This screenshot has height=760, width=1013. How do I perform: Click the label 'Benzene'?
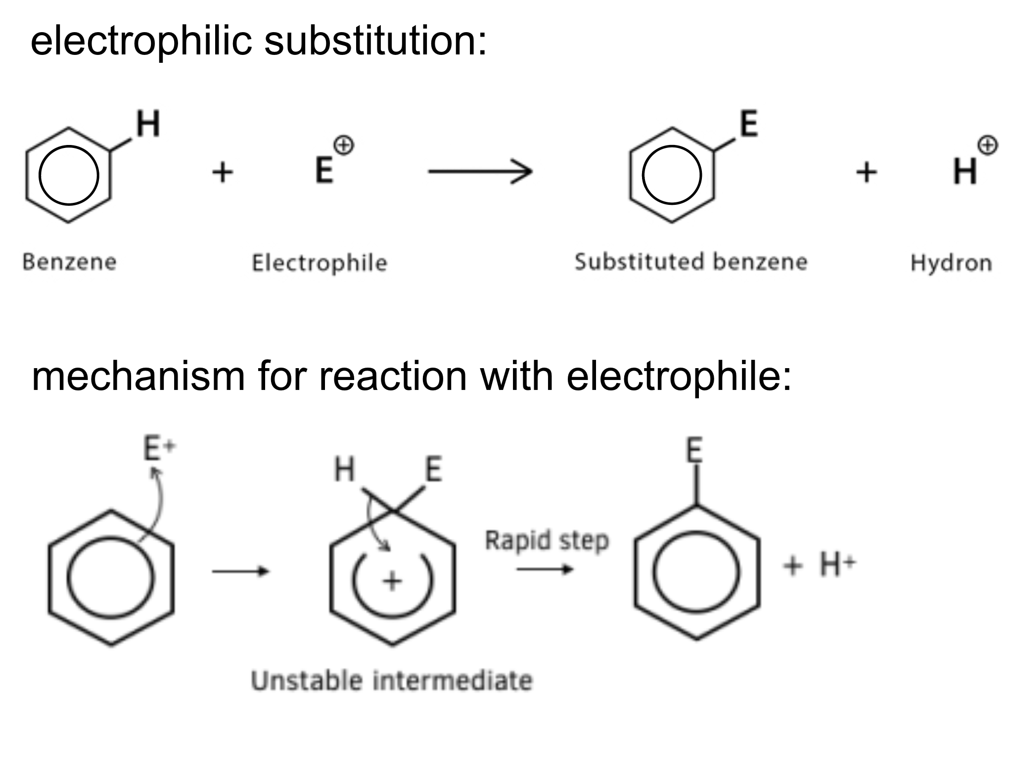click(x=70, y=262)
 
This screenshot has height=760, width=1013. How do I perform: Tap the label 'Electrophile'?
click(x=320, y=263)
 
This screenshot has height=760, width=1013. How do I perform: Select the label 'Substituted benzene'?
click(x=691, y=262)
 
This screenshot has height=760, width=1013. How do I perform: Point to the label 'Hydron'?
click(x=951, y=263)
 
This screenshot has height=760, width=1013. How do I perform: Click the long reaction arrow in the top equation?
click(x=480, y=172)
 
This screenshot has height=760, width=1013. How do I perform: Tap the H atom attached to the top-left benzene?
click(x=148, y=124)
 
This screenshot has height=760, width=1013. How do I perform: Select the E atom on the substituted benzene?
click(x=748, y=124)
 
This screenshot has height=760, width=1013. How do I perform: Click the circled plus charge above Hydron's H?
click(x=987, y=145)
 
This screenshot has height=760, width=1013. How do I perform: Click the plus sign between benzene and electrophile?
click(x=223, y=172)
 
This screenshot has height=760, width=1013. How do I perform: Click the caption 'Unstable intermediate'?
click(x=392, y=680)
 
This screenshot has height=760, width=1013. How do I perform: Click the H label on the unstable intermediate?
click(x=345, y=469)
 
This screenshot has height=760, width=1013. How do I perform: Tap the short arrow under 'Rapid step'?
click(x=545, y=570)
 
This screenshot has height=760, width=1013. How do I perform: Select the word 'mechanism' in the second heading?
click(x=138, y=376)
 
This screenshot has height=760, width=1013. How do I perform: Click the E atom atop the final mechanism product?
click(x=694, y=450)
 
